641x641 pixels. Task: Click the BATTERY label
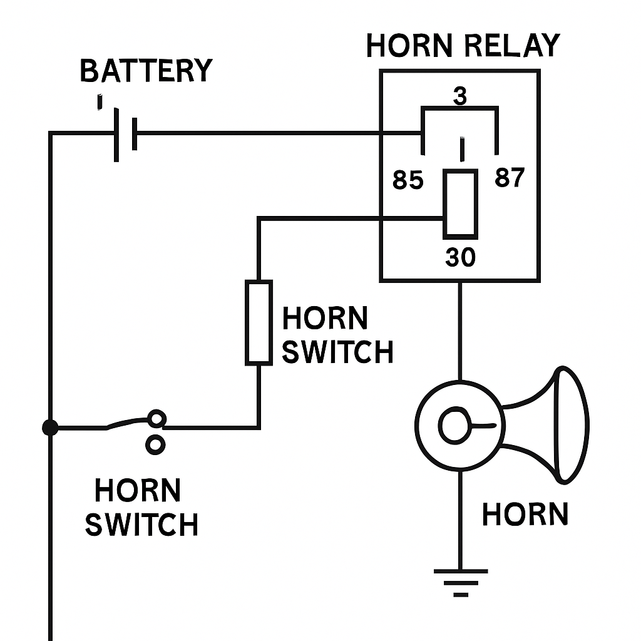click(x=146, y=71)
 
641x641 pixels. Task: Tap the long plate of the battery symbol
click(x=116, y=134)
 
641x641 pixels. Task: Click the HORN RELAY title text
click(x=462, y=46)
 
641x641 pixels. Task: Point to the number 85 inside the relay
click(x=408, y=181)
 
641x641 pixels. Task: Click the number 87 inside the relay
click(x=509, y=179)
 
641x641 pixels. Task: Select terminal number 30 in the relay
click(x=461, y=258)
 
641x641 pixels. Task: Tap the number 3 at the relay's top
click(x=460, y=96)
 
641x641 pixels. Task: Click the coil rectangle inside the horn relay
click(x=460, y=204)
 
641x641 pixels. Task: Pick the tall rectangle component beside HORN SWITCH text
click(x=259, y=322)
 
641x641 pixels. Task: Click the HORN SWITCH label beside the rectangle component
click(x=337, y=336)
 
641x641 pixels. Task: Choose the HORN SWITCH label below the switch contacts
click(x=141, y=508)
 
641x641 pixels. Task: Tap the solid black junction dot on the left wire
click(x=50, y=428)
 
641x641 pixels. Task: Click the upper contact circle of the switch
click(x=156, y=418)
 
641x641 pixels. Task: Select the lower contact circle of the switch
click(x=155, y=444)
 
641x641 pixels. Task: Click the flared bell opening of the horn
click(x=570, y=425)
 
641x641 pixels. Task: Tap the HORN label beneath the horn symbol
click(x=525, y=515)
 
